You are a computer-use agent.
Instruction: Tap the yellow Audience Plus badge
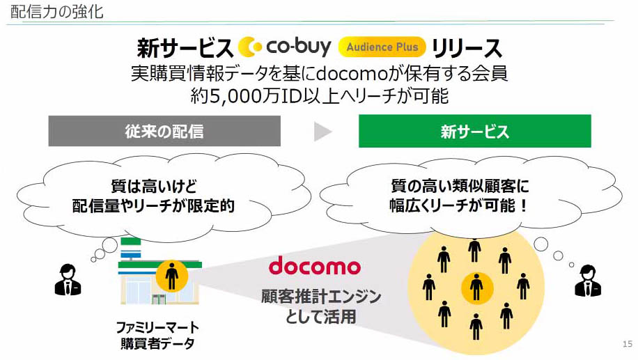(382, 47)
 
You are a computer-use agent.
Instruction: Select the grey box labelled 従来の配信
(164, 131)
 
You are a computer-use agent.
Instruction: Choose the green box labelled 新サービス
(474, 131)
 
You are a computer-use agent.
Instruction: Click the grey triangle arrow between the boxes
(322, 131)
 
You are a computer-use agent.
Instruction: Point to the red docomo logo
(315, 266)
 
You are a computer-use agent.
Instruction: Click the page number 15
(626, 344)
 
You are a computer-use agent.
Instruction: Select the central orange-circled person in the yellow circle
(476, 286)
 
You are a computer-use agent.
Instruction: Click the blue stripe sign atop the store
(132, 244)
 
